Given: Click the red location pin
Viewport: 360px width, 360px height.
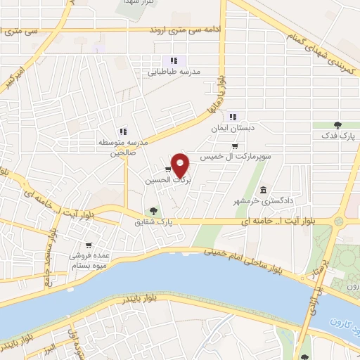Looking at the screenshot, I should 181,165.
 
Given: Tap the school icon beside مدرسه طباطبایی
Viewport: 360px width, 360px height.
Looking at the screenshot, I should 174,60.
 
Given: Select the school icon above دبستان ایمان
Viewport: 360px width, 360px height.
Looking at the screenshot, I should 233,117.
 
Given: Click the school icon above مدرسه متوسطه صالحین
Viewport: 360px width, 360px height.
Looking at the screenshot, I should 123,131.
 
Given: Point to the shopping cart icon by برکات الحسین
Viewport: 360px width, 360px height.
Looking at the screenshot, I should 167,169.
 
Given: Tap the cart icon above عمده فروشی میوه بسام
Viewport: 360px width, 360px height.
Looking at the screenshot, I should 88,245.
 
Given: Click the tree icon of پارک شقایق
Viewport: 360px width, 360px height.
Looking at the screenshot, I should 153,210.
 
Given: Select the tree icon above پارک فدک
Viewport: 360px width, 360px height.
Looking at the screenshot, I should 337,125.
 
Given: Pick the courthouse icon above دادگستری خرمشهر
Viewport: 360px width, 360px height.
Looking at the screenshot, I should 263,190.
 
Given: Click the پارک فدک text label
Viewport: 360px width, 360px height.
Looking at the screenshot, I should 338,136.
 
